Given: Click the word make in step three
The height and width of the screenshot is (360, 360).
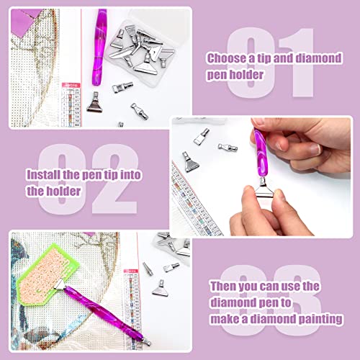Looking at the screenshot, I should click(225, 319).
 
